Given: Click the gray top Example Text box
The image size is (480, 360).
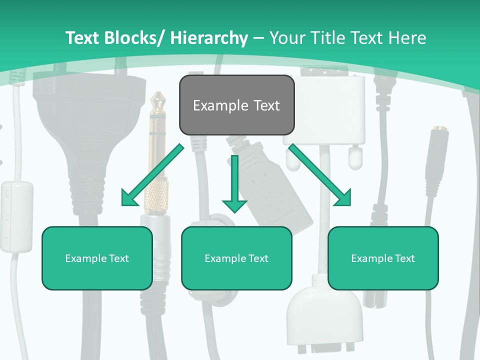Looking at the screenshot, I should tap(236, 105).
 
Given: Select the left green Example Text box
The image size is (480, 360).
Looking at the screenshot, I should tap(97, 258).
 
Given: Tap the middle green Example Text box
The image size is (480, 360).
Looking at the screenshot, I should tap(236, 258).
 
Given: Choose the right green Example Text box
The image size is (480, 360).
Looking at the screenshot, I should tap(383, 258).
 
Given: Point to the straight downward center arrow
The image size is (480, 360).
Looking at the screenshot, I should tap(234, 185).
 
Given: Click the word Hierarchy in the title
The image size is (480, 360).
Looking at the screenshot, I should tap(209, 38).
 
